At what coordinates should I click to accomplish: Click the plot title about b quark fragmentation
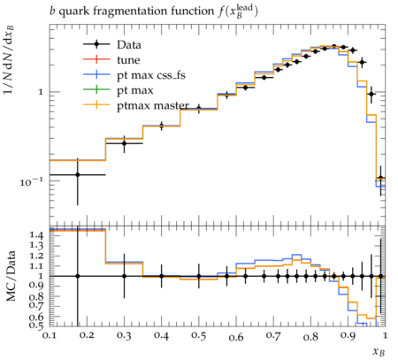click(154, 11)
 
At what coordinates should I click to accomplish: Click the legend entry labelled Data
click(129, 45)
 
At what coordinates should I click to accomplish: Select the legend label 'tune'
click(128, 60)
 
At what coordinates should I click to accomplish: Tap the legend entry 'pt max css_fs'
click(151, 75)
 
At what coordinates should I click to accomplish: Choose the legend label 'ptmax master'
click(153, 105)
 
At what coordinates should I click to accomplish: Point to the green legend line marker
click(96, 89)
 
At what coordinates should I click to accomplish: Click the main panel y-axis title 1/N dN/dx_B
click(9, 60)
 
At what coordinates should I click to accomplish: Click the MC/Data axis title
click(11, 276)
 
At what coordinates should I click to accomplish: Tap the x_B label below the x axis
click(379, 351)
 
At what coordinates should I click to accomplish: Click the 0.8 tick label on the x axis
click(310, 336)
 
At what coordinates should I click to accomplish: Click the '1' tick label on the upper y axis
click(41, 92)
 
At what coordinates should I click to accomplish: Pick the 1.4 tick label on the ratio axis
click(36, 235)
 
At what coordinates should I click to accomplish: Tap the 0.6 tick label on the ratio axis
click(36, 317)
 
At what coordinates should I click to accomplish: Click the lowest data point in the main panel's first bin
click(78, 174)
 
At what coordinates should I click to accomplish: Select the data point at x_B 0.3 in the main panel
click(124, 143)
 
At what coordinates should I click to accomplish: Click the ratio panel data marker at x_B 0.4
click(161, 276)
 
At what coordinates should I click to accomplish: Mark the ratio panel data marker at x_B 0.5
click(199, 276)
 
